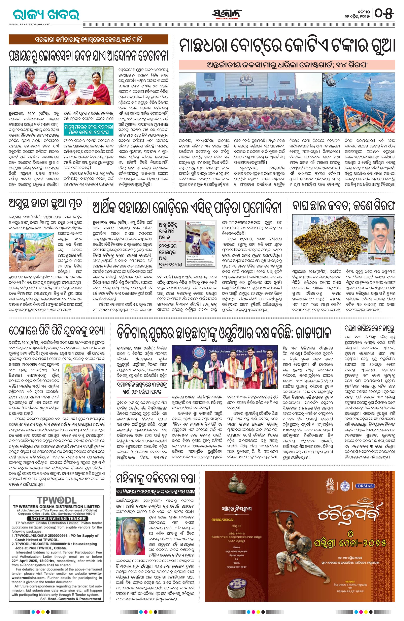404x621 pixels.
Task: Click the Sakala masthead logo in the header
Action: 227,14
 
